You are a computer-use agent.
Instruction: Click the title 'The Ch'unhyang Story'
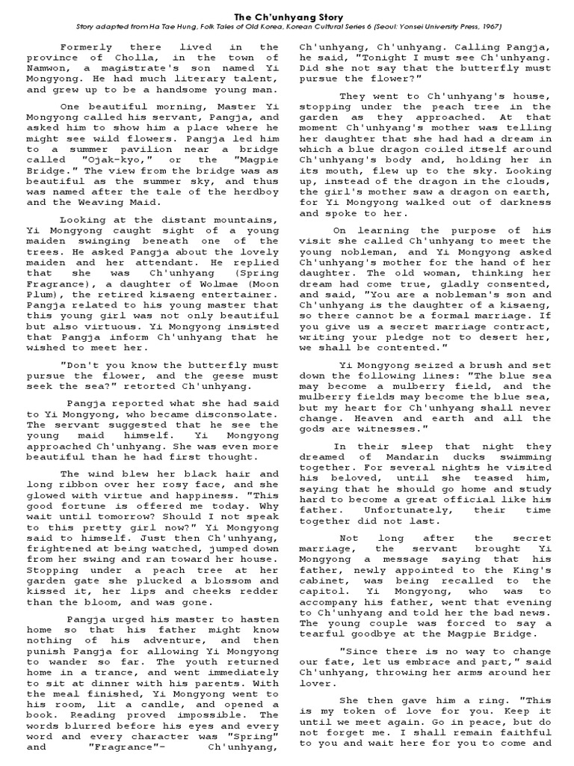[x=287, y=14]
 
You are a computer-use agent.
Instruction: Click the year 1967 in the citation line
[x=487, y=27]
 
